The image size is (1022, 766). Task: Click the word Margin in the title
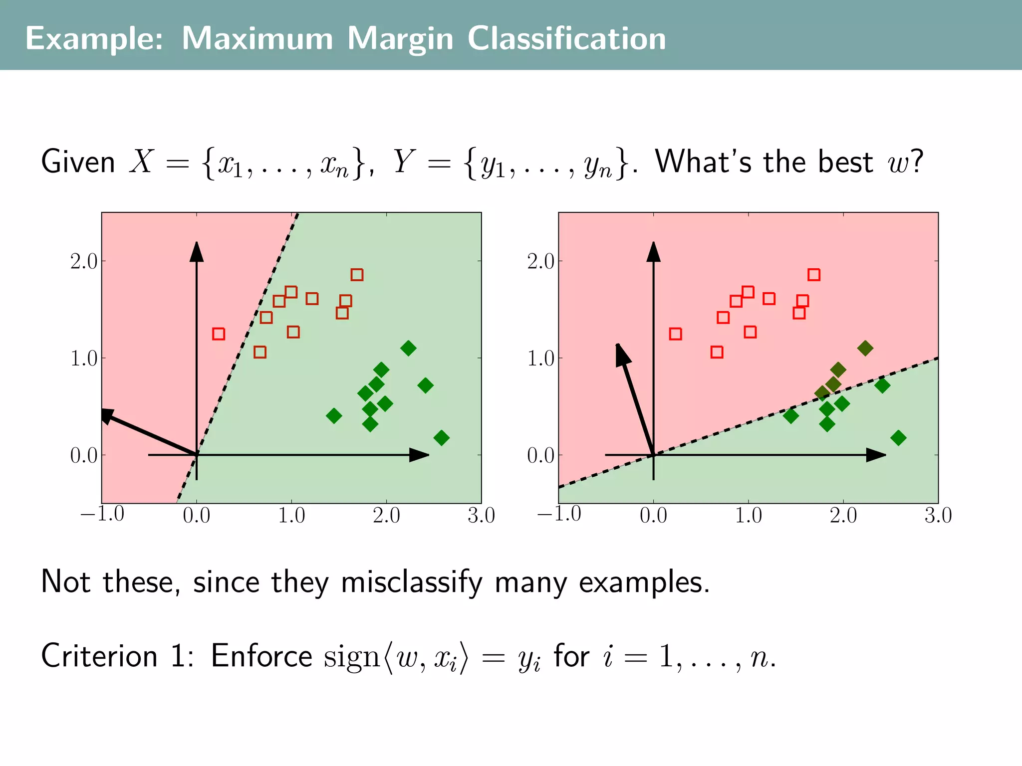[x=400, y=39]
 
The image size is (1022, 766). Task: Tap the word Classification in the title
[x=566, y=39]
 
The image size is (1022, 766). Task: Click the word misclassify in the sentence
[x=412, y=582]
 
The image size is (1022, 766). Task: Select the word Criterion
[x=99, y=656]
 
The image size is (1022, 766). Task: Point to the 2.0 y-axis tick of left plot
[x=84, y=261]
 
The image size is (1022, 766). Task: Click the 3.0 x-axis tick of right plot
[x=938, y=515]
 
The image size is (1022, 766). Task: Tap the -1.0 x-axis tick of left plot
[x=102, y=514]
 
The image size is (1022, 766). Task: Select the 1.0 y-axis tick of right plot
[x=540, y=359]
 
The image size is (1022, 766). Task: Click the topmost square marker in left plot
[x=357, y=275]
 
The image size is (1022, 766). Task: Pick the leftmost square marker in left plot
[x=219, y=334]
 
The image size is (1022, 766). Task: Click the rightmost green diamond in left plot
[x=441, y=438]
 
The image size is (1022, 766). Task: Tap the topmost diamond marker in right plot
[x=865, y=348]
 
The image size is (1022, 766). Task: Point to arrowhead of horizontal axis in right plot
[x=875, y=455]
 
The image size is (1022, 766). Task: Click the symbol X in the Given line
[x=142, y=162]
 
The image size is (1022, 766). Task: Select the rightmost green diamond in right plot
[x=898, y=438]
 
